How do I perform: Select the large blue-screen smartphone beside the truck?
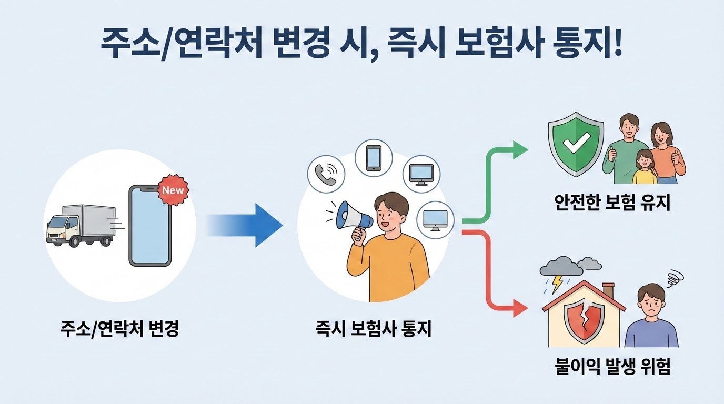150,226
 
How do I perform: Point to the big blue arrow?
247,225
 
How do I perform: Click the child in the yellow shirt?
643,167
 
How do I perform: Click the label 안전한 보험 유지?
612,203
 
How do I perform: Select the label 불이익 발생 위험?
612,366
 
